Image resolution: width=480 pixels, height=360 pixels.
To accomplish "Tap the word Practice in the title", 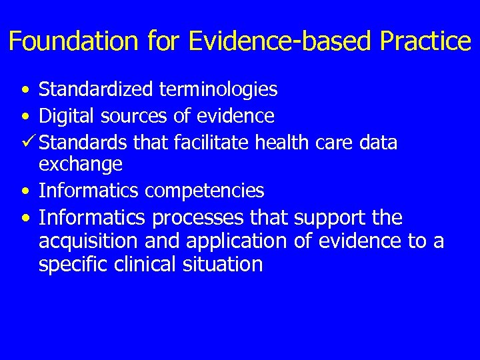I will click(425, 41).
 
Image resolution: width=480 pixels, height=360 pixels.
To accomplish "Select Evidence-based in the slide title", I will click(281, 41).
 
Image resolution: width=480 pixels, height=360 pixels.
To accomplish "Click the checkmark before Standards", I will click(28, 142).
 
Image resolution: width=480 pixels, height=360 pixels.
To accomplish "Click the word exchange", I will click(81, 165).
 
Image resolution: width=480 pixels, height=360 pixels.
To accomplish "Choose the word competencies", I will click(205, 191).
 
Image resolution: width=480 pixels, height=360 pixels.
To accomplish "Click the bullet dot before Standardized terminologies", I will click(25, 89).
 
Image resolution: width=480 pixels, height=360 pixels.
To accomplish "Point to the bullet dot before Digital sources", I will click(25, 117).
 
